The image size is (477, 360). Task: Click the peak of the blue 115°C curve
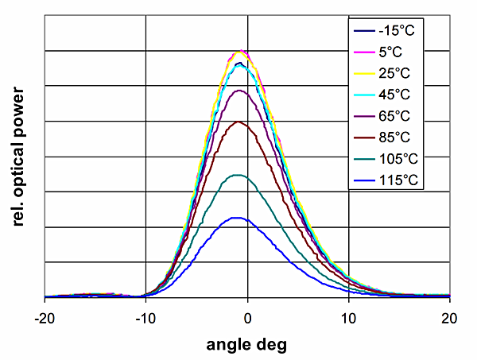pos(236,217)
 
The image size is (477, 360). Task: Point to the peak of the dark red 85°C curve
pos(238,122)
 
